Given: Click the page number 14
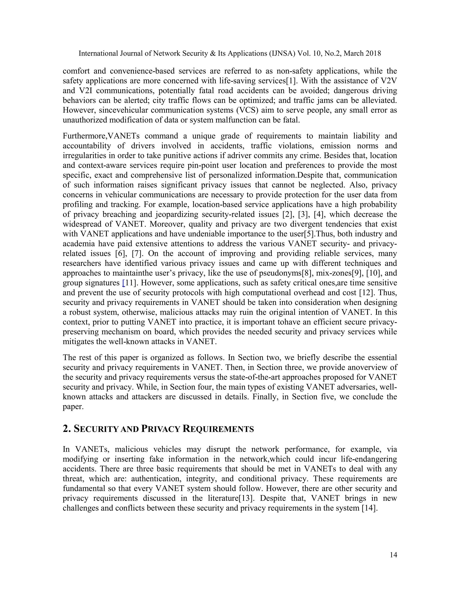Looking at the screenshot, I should tap(393, 555).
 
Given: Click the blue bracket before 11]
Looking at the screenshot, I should tap(124, 283).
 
